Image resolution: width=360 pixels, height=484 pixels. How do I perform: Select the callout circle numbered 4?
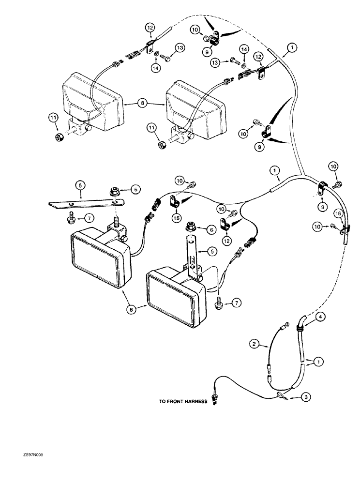coord(308,318)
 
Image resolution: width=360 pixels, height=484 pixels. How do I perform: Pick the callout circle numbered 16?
coord(338,212)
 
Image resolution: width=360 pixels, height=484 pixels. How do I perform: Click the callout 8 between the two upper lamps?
coord(141,103)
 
